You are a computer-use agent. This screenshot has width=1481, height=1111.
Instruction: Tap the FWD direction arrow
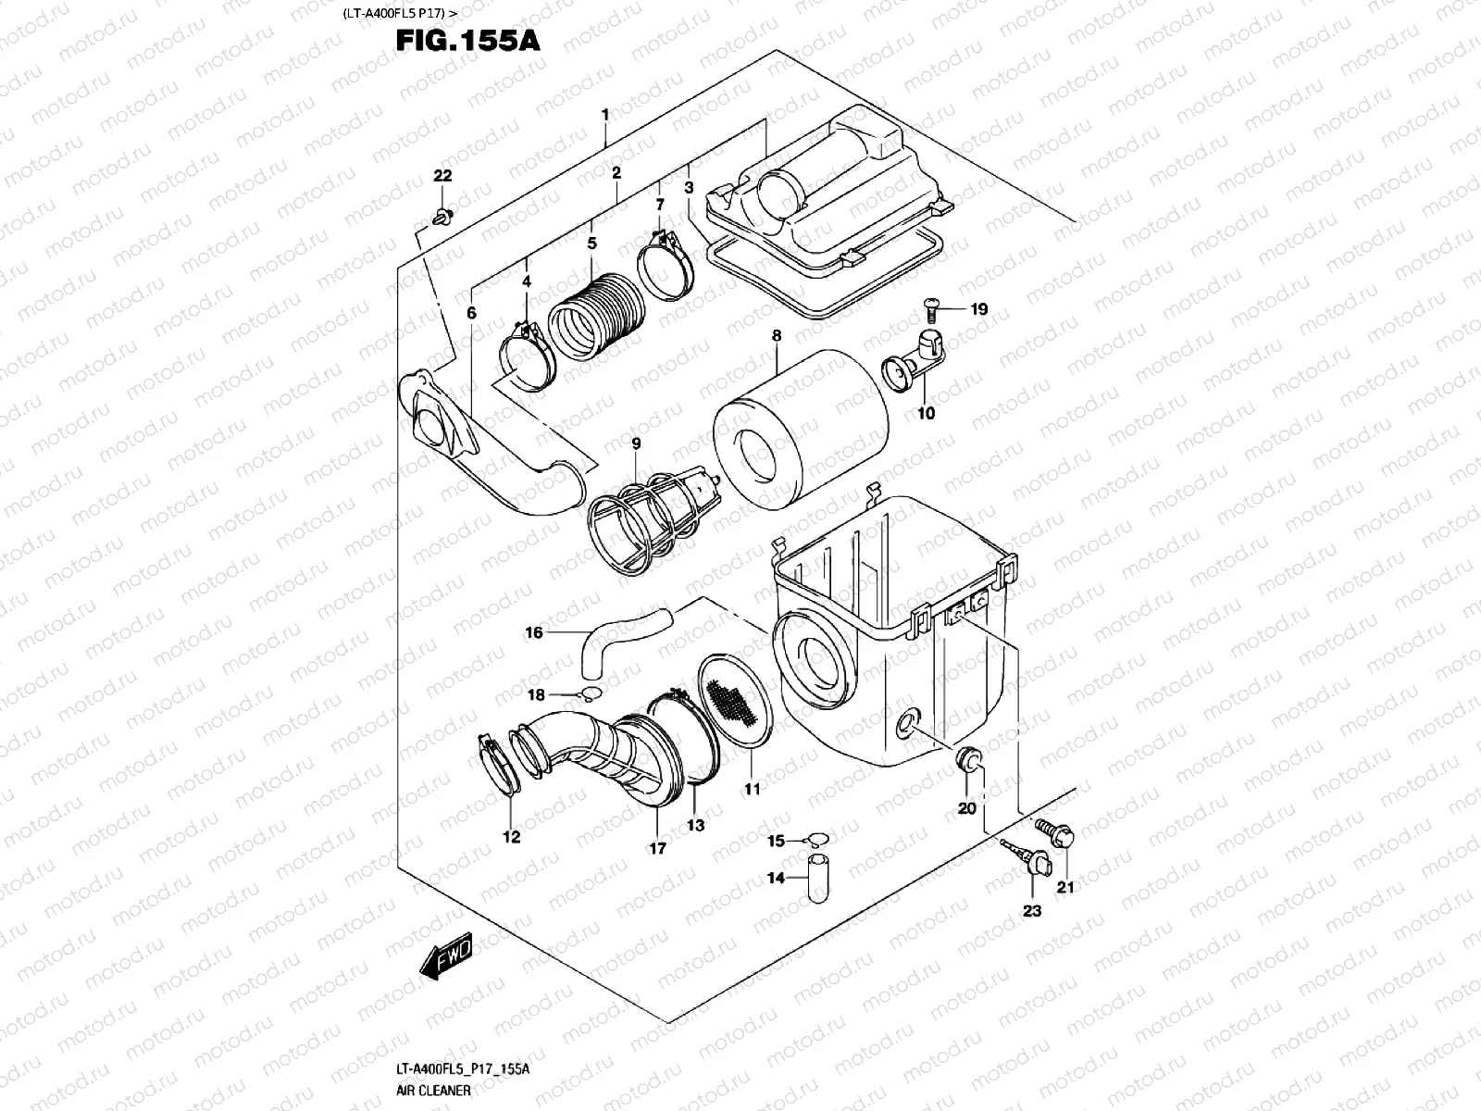[448, 956]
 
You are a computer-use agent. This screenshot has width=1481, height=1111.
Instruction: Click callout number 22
[442, 177]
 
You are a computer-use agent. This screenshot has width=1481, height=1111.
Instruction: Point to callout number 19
[979, 309]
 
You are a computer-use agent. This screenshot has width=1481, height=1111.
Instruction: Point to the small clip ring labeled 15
[815, 840]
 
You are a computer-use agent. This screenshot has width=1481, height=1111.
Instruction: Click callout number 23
[1032, 911]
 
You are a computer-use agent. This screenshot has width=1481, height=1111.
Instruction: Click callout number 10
[926, 413]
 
